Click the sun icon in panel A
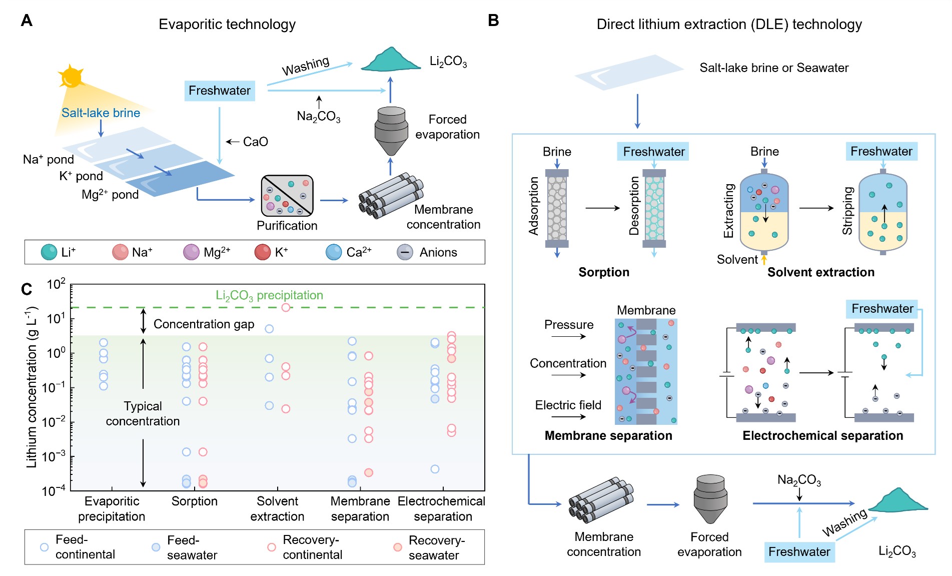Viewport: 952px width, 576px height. point(71,77)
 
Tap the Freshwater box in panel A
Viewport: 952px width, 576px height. point(220,91)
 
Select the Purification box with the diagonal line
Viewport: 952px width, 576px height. point(287,196)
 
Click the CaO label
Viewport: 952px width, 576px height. point(255,142)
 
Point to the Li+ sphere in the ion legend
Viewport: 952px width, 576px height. point(49,252)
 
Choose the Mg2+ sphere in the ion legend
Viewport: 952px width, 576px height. point(191,252)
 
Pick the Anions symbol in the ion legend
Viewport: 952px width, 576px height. point(405,252)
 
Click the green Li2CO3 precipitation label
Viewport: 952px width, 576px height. point(269,295)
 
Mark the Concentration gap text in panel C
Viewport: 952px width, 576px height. point(204,324)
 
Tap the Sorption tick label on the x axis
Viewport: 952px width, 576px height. point(194,501)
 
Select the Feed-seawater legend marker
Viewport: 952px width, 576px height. point(156,547)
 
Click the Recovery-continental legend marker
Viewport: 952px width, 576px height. point(272,547)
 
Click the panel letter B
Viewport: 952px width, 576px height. point(493,21)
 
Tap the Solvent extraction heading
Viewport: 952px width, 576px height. point(821,272)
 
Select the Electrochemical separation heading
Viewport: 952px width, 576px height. point(822,435)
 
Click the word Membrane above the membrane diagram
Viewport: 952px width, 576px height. point(646,310)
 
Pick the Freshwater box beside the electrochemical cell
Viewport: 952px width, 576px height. point(882,309)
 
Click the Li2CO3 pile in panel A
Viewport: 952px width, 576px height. point(391,60)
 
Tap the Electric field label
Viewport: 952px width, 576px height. point(568,405)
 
